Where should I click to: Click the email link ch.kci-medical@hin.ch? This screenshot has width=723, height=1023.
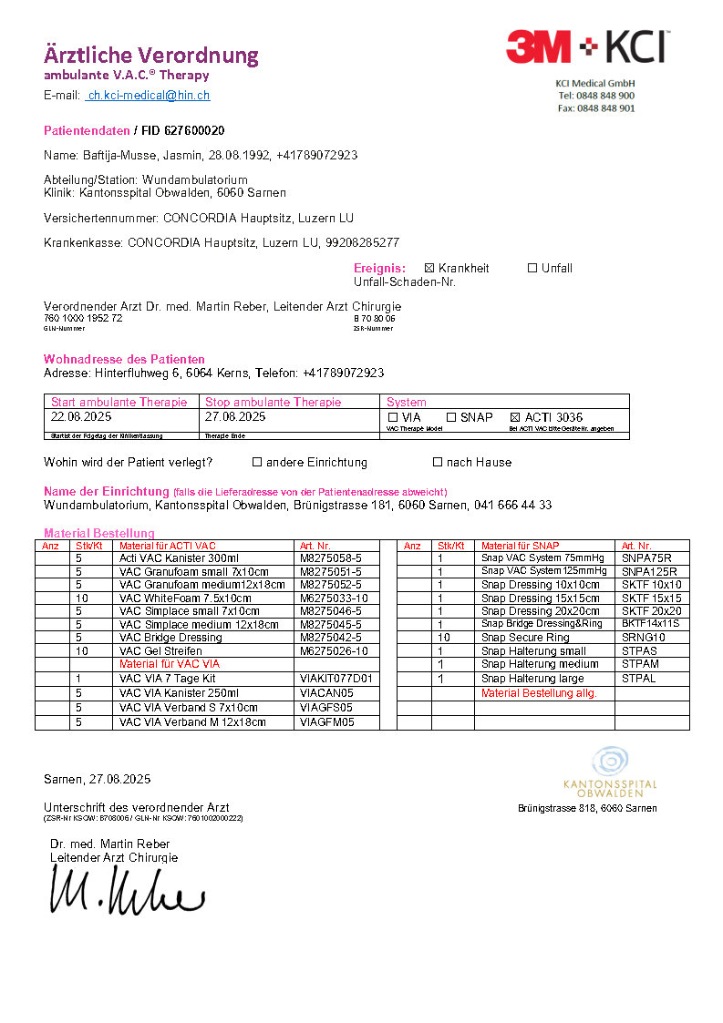pyautogui.click(x=148, y=96)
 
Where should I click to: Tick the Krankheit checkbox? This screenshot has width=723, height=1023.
pyautogui.click(x=429, y=269)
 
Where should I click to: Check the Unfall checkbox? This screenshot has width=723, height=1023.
pyautogui.click(x=532, y=269)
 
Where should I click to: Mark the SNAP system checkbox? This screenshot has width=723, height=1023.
pyautogui.click(x=451, y=417)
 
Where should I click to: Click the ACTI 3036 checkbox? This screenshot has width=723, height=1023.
pyautogui.click(x=515, y=417)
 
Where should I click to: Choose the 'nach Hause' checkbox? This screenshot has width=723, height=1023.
pyautogui.click(x=438, y=463)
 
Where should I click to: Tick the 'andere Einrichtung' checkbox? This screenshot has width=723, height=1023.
pyautogui.click(x=257, y=463)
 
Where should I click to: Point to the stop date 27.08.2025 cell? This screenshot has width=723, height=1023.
pyautogui.click(x=235, y=417)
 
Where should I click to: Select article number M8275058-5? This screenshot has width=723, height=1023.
pyautogui.click(x=330, y=558)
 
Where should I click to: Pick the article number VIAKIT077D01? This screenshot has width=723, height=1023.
pyautogui.click(x=336, y=679)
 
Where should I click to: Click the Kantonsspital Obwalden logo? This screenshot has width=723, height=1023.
pyautogui.click(x=610, y=772)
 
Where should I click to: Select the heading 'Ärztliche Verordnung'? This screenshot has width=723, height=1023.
pyautogui.click(x=151, y=56)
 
